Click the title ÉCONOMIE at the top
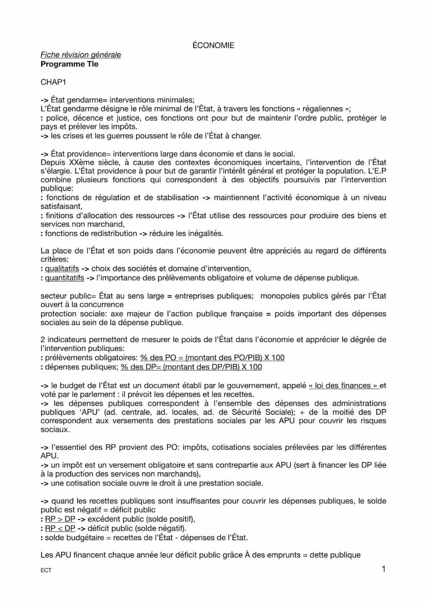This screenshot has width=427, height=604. point(213,45)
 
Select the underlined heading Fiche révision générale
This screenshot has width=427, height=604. point(80,55)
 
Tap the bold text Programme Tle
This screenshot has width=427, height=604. point(69,64)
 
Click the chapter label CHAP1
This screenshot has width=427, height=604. point(54,82)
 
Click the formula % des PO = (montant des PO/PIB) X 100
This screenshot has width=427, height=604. point(212,357)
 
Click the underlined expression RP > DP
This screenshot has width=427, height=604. point(60,519)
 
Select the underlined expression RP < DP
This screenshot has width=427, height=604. point(60,528)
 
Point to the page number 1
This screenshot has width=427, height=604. point(384,569)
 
